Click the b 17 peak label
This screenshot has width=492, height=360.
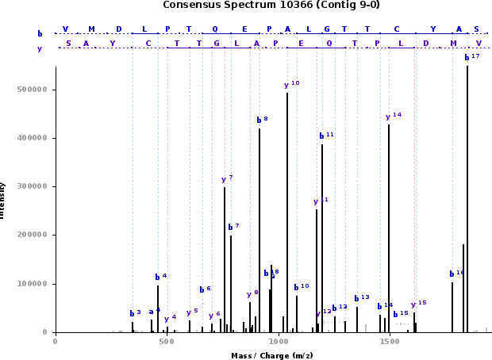coord(471,57)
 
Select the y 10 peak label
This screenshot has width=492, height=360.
coord(291,84)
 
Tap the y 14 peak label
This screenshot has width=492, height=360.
coord(393,116)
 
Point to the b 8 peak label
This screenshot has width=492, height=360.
coord(262,120)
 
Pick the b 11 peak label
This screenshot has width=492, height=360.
coord(325,135)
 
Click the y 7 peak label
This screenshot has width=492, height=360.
coord(227,179)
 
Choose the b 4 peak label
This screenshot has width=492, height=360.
coord(160,277)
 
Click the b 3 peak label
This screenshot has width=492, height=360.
coord(135,313)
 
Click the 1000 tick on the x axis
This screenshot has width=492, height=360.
coord(277,341)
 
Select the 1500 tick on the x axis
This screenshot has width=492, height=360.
coord(389,341)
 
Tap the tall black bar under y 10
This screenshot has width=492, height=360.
coord(287,214)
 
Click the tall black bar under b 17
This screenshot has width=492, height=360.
coord(467,198)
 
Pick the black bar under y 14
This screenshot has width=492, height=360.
coord(389,230)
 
